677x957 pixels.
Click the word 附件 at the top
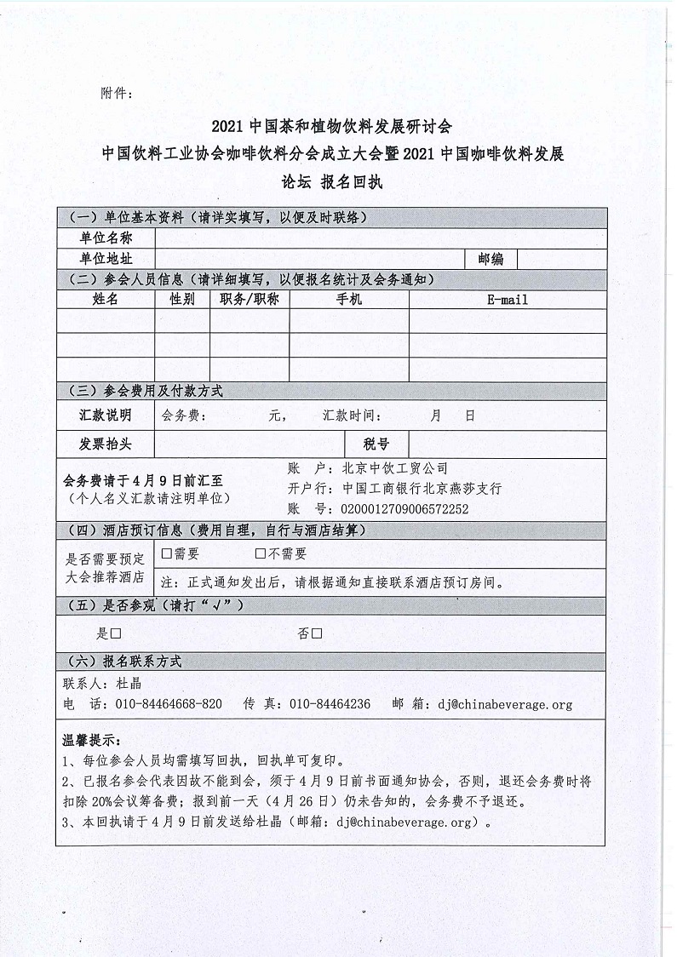[116, 94]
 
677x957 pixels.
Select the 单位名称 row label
[106, 238]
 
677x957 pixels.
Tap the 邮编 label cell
[491, 259]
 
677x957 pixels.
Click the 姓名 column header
[106, 300]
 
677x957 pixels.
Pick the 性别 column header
[182, 300]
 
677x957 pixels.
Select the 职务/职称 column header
[250, 300]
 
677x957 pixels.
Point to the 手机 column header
[349, 300]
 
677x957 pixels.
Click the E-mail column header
[508, 300]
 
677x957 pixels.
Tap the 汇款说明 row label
[106, 416]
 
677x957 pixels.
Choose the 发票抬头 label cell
[106, 444]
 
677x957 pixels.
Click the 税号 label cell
[376, 444]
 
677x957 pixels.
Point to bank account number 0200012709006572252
[404, 509]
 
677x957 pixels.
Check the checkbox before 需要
[166, 554]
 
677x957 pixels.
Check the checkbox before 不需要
[261, 554]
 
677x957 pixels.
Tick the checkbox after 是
[115, 634]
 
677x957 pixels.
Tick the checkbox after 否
[316, 634]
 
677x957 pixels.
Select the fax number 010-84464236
[330, 704]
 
